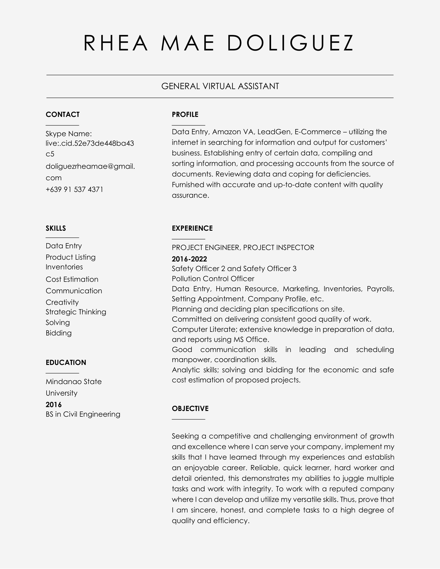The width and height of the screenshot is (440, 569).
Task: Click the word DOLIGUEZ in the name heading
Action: [290, 43]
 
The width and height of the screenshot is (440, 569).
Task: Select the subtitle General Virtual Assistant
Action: [220, 86]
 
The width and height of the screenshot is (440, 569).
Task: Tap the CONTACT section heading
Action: [63, 115]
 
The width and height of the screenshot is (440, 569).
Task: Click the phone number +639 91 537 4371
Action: [74, 189]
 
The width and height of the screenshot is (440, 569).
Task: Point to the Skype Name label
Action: [69, 134]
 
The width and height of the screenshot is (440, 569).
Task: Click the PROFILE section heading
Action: [185, 115]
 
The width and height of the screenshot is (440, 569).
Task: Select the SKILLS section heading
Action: [56, 228]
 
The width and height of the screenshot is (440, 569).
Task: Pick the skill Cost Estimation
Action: [72, 279]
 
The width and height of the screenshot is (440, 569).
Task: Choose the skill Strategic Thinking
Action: [76, 312]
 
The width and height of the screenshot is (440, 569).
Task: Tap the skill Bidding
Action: [59, 333]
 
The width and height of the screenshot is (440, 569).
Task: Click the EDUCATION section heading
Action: [66, 363]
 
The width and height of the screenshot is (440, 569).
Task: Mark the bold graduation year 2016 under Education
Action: [54, 405]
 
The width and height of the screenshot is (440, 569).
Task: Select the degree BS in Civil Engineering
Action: [83, 414]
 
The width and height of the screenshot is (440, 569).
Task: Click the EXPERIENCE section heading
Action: [192, 228]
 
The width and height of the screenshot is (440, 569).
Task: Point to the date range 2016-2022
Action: [189, 259]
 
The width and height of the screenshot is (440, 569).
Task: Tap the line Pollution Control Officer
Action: [213, 279]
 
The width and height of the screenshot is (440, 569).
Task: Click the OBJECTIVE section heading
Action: [190, 408]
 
